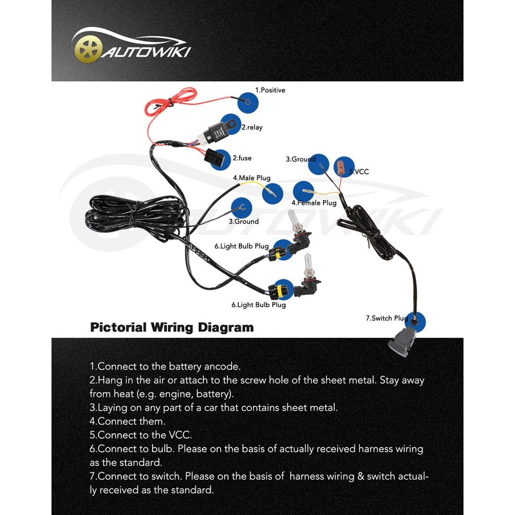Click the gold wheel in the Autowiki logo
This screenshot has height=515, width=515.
pyautogui.click(x=88, y=50)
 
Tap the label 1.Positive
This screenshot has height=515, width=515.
pyautogui.click(x=270, y=90)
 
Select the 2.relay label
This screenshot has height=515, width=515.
pyautogui.click(x=252, y=127)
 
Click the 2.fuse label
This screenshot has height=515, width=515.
pyautogui.click(x=242, y=158)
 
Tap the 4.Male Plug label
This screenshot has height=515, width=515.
pyautogui.click(x=252, y=178)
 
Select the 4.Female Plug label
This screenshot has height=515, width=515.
pyautogui.click(x=314, y=203)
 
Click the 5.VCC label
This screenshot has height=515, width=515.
pyautogui.click(x=359, y=171)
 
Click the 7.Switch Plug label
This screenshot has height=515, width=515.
pyautogui.click(x=387, y=318)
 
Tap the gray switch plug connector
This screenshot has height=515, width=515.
pyautogui.click(x=402, y=342)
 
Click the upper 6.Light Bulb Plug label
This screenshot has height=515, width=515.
pyautogui.click(x=241, y=246)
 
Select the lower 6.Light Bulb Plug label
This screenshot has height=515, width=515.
pyautogui.click(x=259, y=304)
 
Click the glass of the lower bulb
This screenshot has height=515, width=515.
pyautogui.click(x=309, y=265)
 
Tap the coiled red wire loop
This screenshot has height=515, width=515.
pyautogui.click(x=171, y=102)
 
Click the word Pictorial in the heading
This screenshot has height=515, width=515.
pyautogui.click(x=118, y=328)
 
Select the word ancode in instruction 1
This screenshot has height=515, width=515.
pyautogui.click(x=222, y=366)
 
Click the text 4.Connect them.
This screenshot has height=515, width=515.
pyautogui.click(x=127, y=421)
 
